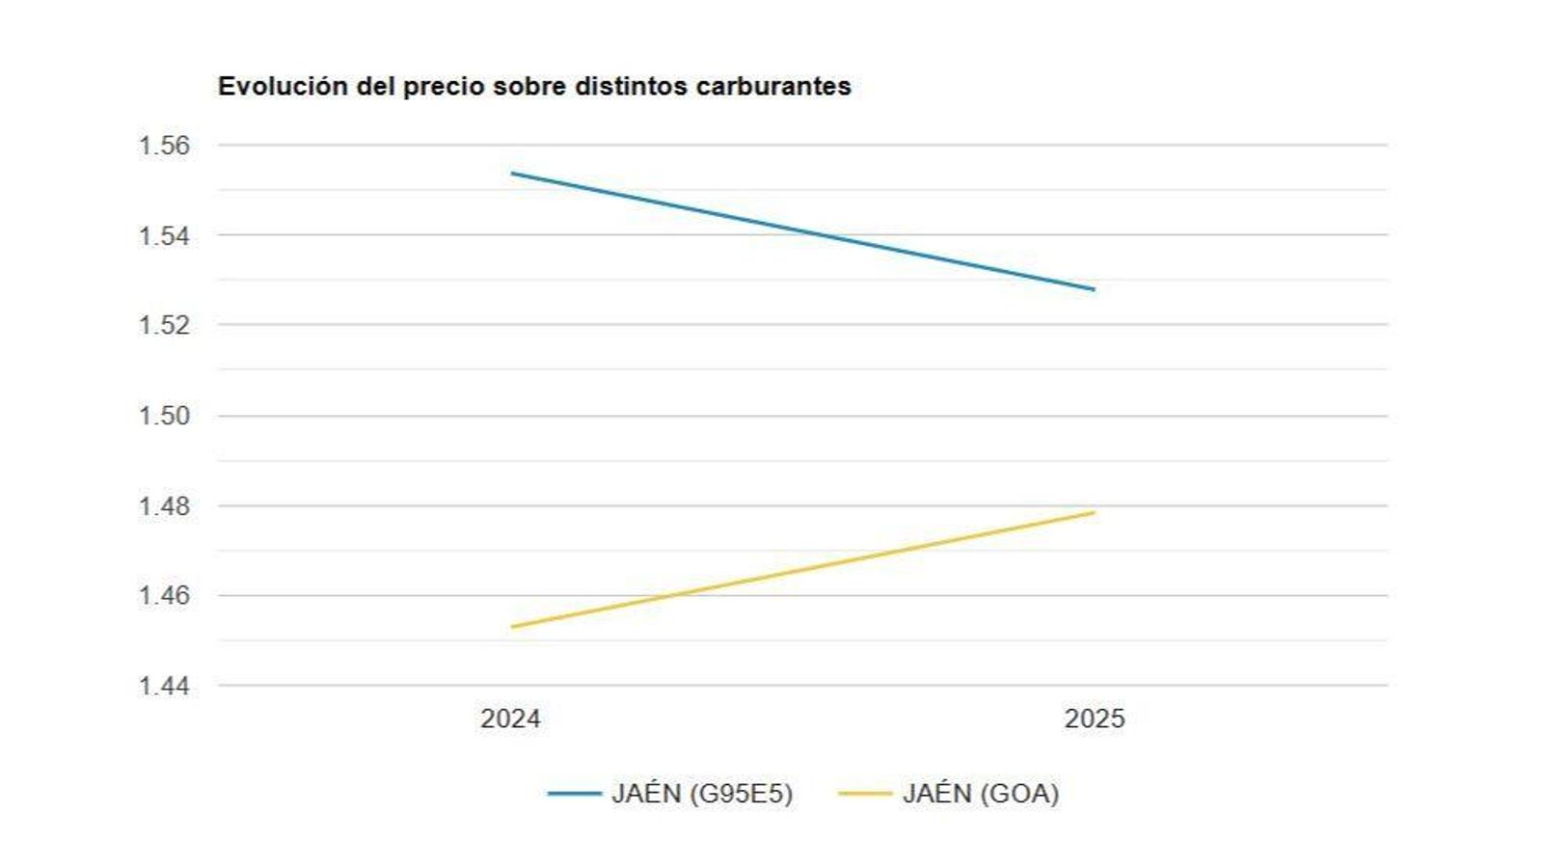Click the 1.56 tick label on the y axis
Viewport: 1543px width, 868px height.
coord(164,146)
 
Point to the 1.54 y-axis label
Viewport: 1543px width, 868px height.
coord(164,235)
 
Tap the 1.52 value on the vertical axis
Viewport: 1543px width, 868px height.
coord(164,325)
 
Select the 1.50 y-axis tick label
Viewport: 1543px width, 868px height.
coord(164,416)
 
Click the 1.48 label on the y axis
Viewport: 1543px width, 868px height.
coord(164,505)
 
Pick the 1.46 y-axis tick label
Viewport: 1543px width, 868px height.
coord(164,595)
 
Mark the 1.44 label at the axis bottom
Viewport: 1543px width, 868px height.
coord(164,686)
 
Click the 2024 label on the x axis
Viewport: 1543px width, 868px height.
coord(510,719)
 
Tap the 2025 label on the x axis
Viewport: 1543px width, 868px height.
coord(1095,719)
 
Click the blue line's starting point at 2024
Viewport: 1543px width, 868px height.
coord(512,174)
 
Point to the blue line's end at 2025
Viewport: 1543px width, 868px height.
coord(1094,289)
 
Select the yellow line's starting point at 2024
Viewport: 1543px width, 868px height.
coord(512,627)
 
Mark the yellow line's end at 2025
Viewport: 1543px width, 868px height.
coord(1094,512)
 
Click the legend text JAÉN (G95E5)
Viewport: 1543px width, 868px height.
coord(702,794)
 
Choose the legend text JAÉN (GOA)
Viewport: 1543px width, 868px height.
coord(981,794)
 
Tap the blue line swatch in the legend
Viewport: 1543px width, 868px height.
coord(575,794)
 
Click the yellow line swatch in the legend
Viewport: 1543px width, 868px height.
coord(865,794)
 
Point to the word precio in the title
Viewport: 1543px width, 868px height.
coord(444,87)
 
